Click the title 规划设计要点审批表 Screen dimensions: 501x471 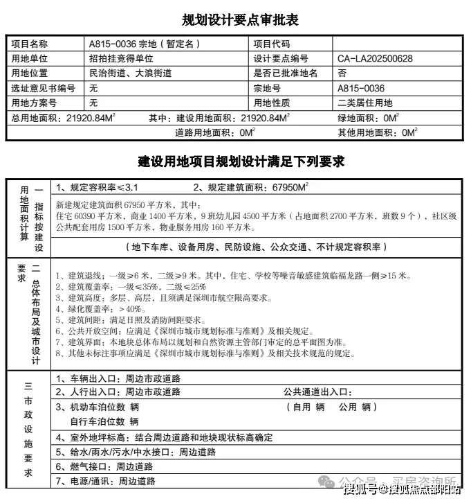235,19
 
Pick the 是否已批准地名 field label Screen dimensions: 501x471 286,73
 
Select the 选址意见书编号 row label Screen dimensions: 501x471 43,88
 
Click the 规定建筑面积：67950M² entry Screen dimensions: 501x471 250,187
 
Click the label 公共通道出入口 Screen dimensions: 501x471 317,392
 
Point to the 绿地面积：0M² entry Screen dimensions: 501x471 371,117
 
